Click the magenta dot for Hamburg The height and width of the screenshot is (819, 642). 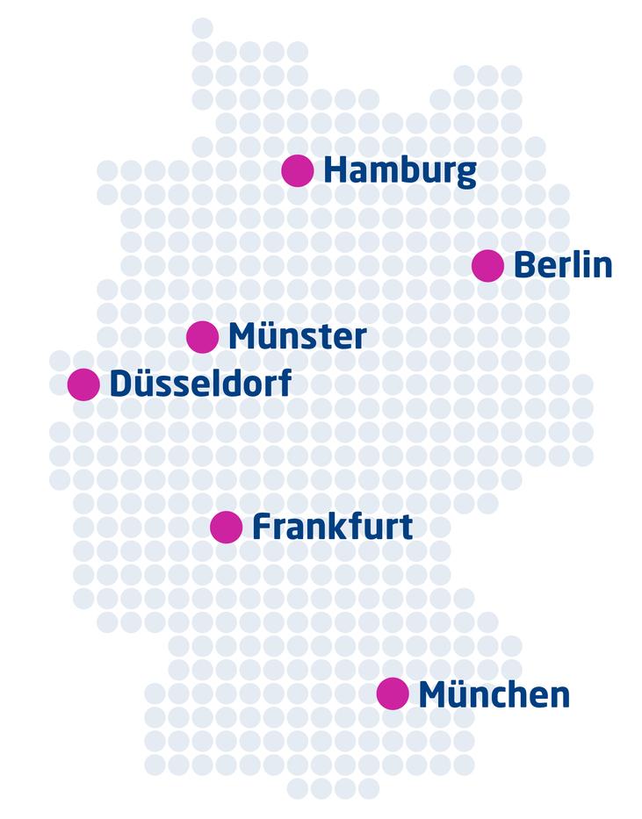(x=298, y=170)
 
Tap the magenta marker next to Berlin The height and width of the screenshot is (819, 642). (x=487, y=265)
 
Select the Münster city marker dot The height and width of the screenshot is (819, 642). (x=203, y=336)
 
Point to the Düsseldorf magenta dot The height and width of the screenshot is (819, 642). (x=83, y=384)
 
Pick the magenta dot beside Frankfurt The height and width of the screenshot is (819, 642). (x=227, y=527)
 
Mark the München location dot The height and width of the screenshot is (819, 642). (x=393, y=693)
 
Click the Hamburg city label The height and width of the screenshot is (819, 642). (x=400, y=171)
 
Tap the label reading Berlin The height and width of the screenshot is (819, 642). (x=562, y=265)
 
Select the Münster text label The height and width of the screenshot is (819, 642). (x=297, y=336)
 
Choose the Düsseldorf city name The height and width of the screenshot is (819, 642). (x=200, y=384)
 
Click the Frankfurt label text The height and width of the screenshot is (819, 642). (x=332, y=527)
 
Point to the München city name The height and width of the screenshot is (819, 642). (x=494, y=694)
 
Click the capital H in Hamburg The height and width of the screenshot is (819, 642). (x=334, y=170)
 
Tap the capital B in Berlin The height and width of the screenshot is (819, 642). (x=523, y=265)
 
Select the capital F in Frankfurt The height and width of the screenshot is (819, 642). (x=261, y=527)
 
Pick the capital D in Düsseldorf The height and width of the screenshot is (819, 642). (x=120, y=384)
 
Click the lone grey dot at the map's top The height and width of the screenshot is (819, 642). (x=202, y=28)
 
